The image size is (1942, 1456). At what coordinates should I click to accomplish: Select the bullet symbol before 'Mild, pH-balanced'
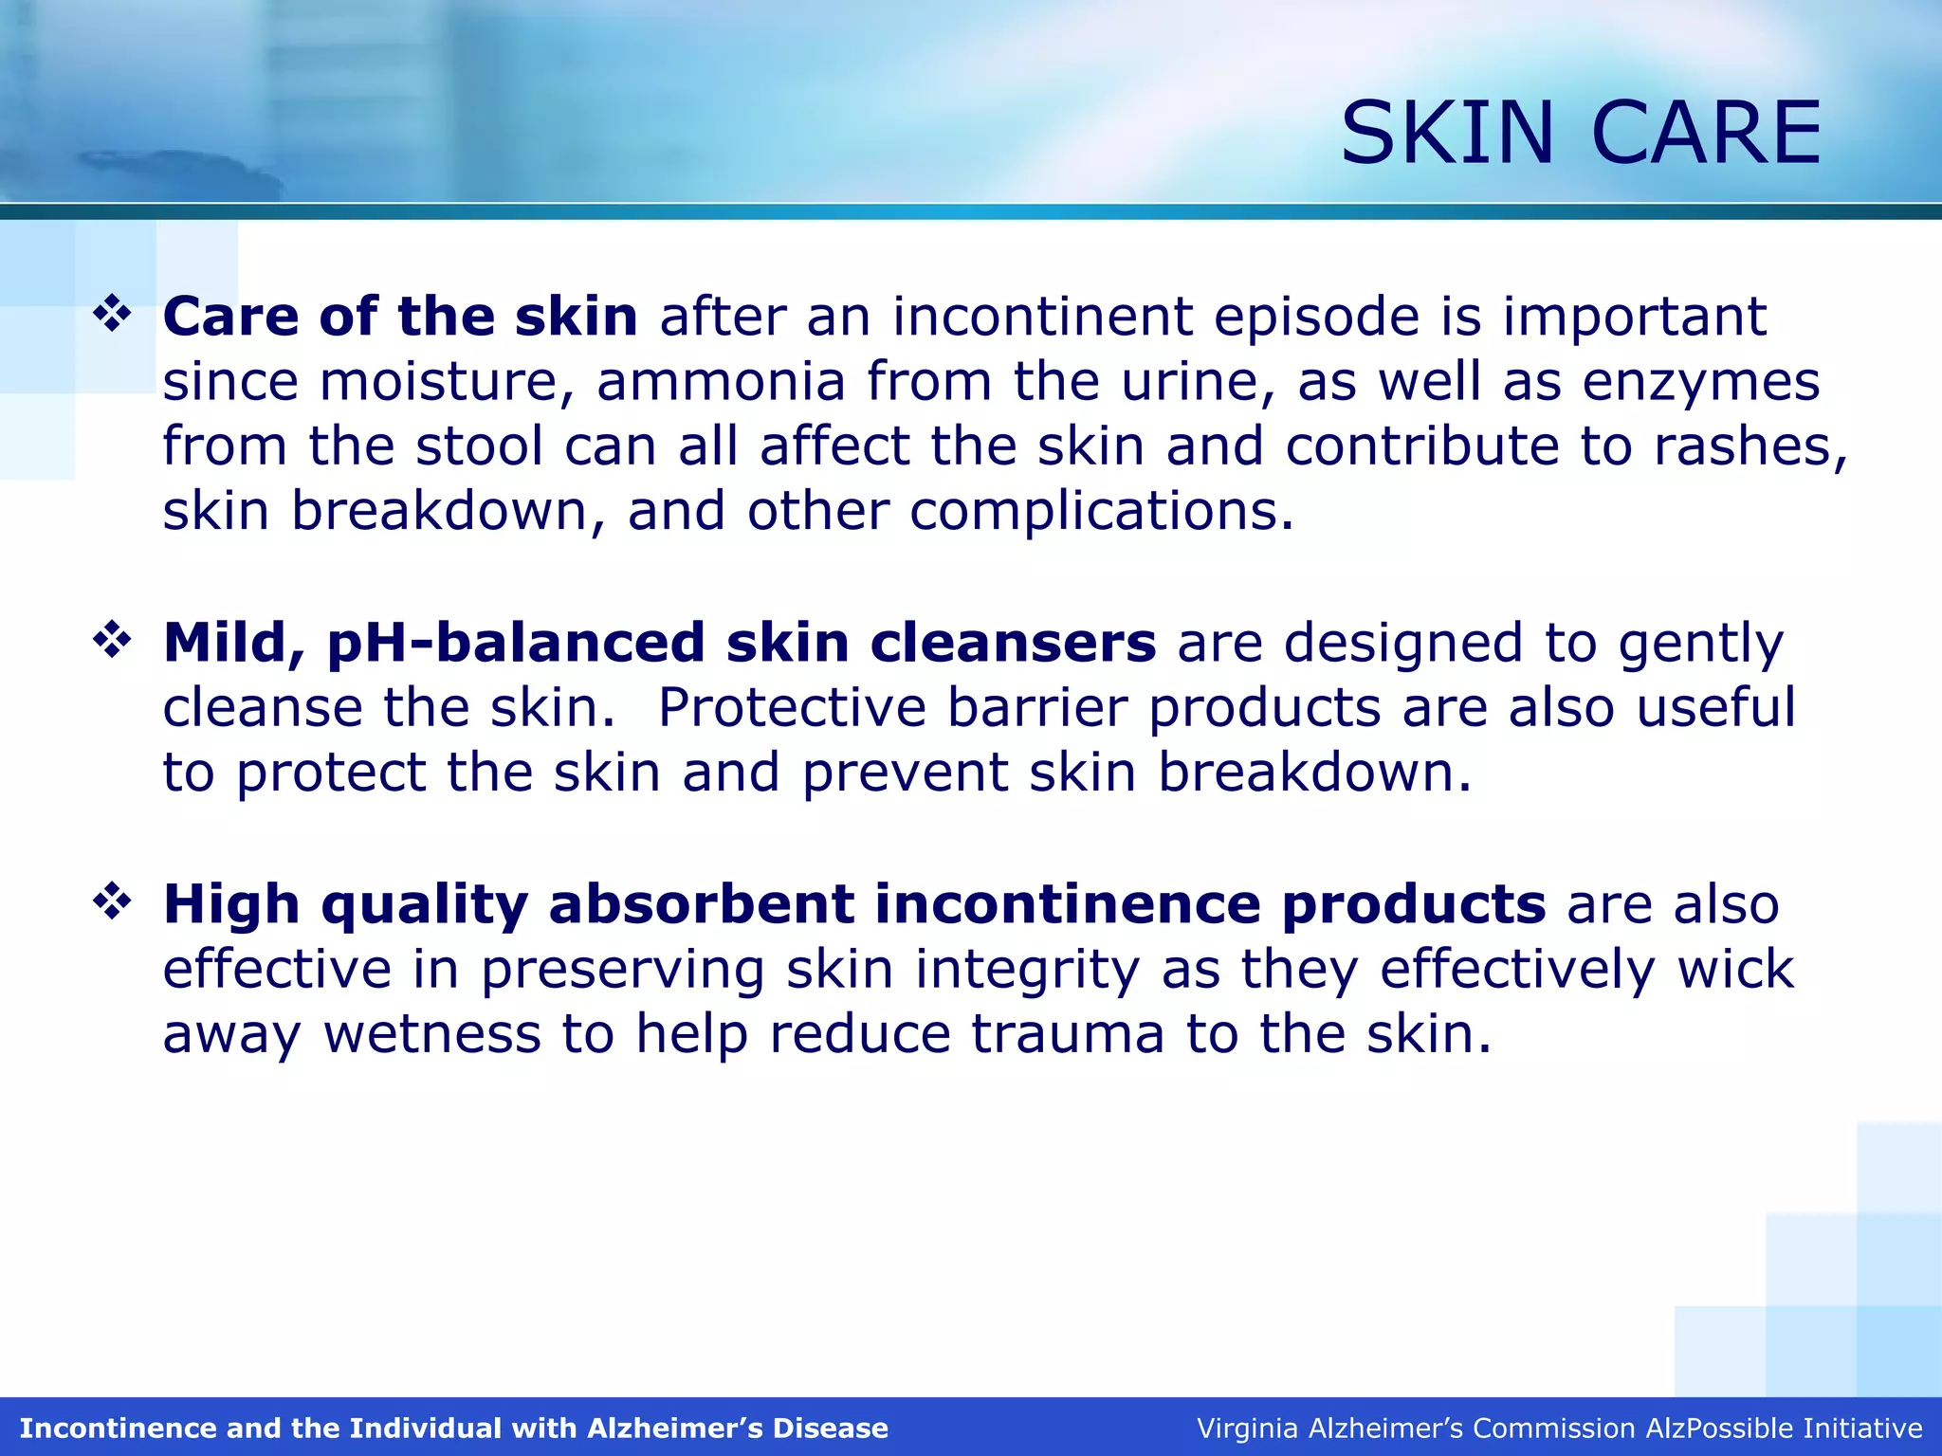tap(112, 641)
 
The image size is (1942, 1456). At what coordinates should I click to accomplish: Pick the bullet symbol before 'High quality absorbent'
tap(112, 901)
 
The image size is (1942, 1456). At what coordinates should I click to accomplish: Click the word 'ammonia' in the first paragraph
tap(721, 381)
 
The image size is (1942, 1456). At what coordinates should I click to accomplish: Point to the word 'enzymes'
tap(1701, 383)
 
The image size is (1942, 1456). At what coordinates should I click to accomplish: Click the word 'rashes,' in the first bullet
tap(1750, 446)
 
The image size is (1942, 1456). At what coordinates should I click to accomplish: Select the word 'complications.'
tap(1101, 512)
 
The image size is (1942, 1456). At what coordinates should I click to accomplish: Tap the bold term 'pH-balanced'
tap(516, 644)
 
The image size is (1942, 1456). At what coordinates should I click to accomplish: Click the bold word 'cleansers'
tap(1013, 643)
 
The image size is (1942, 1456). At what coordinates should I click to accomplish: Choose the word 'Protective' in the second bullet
tap(792, 708)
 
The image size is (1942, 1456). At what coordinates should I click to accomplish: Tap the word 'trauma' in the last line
tap(1068, 1034)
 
